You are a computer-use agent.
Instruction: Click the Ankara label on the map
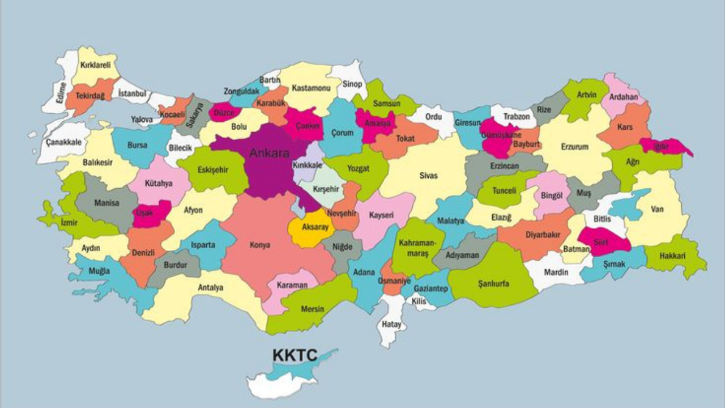click(x=270, y=153)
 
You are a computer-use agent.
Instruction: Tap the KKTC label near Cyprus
click(x=296, y=355)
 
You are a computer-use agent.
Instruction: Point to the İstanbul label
click(x=132, y=93)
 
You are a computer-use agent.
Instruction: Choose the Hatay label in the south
click(x=391, y=325)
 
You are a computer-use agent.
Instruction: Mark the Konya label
click(x=260, y=245)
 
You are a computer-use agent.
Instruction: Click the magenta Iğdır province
click(x=668, y=146)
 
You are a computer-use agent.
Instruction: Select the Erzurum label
click(x=574, y=147)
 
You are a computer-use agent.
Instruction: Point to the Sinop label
click(x=352, y=84)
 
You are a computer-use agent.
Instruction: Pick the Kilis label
click(x=419, y=301)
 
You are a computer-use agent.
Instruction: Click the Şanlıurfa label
click(x=493, y=283)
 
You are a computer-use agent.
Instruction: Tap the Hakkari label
click(x=672, y=256)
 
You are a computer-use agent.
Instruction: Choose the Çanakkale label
click(x=64, y=142)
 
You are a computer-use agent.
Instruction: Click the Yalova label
click(x=142, y=120)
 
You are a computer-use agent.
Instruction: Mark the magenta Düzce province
click(x=223, y=112)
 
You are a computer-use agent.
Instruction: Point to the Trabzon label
click(x=517, y=117)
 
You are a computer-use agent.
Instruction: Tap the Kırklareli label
click(x=95, y=66)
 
